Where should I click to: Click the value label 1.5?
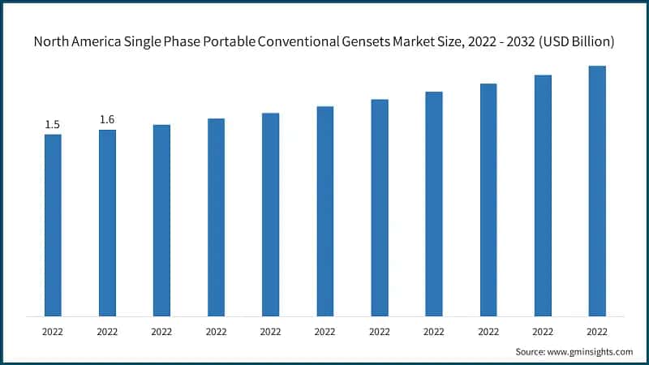[x=53, y=125]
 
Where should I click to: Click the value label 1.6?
[x=107, y=120]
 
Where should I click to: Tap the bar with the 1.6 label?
[x=107, y=222]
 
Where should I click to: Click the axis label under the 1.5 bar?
[x=53, y=331]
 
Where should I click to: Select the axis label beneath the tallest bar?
[x=597, y=331]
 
